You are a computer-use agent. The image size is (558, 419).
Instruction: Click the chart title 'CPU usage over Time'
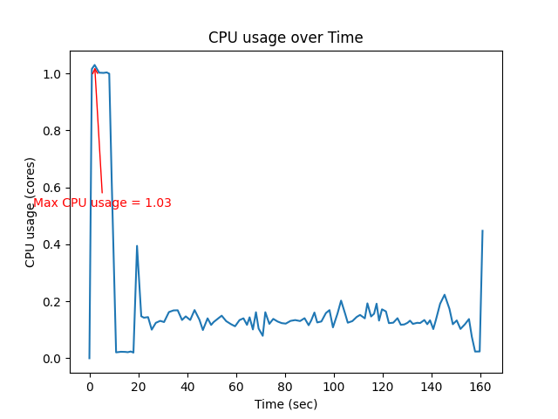pos(285,38)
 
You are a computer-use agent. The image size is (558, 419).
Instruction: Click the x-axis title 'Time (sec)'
pos(285,404)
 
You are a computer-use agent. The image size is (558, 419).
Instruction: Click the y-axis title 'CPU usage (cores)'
pos(31,212)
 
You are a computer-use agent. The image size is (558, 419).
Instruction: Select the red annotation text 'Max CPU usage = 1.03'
pos(102,203)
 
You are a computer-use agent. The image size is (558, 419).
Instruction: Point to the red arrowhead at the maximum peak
pos(95,70)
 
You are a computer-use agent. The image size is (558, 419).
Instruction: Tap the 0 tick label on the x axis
pos(89,387)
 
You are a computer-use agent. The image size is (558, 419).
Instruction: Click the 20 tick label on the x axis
pos(138,387)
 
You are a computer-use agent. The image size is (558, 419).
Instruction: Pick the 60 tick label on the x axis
pos(236,387)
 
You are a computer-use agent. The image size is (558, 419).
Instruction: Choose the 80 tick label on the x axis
pos(285,387)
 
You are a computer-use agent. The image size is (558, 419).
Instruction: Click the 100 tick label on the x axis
pos(334,387)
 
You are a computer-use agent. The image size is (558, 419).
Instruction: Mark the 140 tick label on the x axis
pos(432,387)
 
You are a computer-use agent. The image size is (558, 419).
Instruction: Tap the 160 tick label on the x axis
pos(480,387)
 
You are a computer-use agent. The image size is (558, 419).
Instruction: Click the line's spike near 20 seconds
pos(137,246)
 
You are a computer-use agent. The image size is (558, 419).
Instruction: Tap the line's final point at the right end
pos(482,231)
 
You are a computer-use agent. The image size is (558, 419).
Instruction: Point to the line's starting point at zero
pos(89,358)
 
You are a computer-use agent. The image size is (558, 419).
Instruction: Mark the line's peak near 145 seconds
pos(445,295)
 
